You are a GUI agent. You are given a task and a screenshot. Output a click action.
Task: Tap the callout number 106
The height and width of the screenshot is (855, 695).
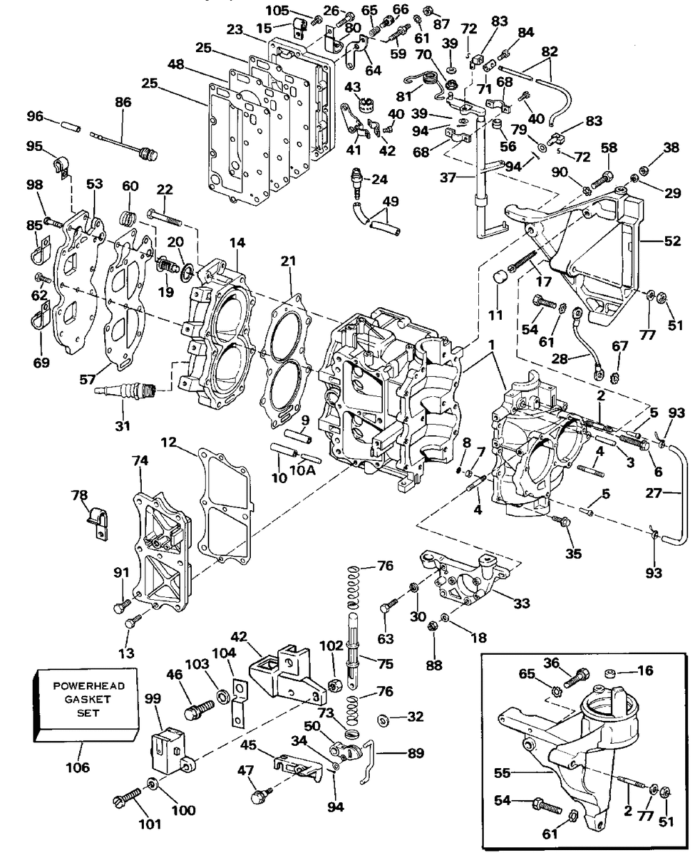click(x=78, y=767)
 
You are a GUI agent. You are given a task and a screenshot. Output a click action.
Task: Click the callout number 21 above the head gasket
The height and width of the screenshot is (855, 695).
click(x=288, y=261)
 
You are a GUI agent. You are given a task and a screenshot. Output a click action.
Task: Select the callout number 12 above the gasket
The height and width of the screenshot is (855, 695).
click(x=169, y=441)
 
